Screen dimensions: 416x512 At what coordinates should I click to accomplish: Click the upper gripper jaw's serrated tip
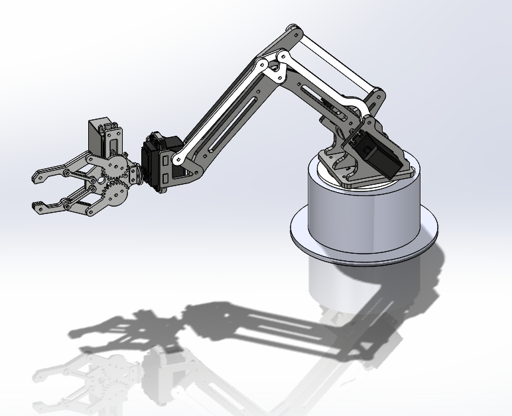(x=40, y=176)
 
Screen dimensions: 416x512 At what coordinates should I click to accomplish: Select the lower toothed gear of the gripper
(x=117, y=192)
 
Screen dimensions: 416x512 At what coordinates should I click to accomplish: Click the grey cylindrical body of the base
(x=361, y=212)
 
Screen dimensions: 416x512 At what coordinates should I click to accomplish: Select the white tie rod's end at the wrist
(x=178, y=160)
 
